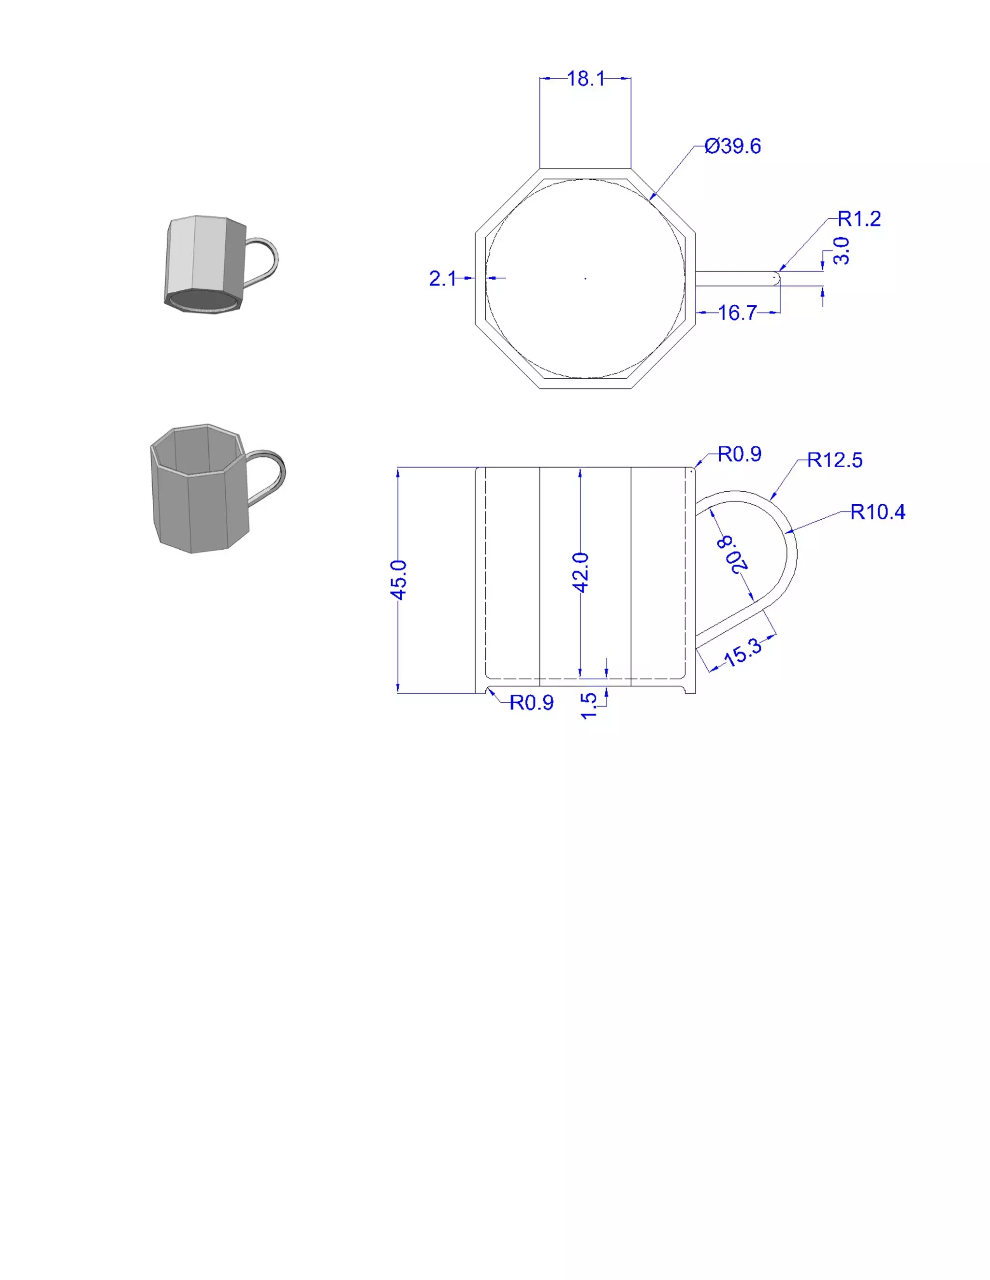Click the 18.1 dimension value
point(586,79)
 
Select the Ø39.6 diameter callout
point(732,146)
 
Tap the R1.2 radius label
point(859,219)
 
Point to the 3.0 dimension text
point(841,251)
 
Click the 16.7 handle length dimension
point(737,313)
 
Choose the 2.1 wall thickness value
point(442,278)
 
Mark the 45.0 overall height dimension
point(398,580)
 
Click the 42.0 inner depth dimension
point(580,572)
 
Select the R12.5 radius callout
point(834,460)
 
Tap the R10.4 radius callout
point(877,512)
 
